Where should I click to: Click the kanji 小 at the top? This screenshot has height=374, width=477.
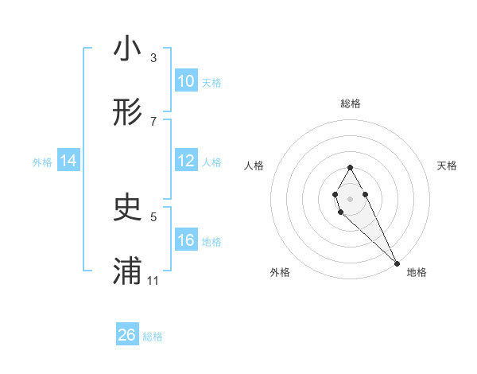click(x=127, y=49)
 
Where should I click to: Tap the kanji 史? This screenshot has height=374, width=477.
click(x=127, y=208)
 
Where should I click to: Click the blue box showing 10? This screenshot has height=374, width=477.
click(x=185, y=81)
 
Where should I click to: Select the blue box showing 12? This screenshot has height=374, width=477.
click(x=185, y=161)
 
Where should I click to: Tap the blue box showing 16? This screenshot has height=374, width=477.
click(x=185, y=240)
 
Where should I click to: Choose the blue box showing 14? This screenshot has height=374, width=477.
click(x=68, y=161)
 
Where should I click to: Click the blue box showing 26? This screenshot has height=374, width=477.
click(x=127, y=335)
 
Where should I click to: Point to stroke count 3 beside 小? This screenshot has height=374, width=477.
click(x=153, y=58)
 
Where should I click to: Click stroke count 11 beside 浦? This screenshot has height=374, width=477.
click(x=153, y=281)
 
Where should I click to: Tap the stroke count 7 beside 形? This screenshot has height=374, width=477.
click(x=153, y=121)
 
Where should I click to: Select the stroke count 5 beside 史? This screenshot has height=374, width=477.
click(x=153, y=216)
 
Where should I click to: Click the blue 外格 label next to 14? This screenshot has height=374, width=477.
click(x=42, y=162)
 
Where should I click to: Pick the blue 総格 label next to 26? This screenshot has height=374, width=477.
click(x=153, y=337)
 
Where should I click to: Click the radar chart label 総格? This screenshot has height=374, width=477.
click(x=351, y=103)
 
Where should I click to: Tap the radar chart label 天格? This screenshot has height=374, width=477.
click(x=448, y=166)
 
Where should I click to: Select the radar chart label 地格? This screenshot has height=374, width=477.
click(x=417, y=272)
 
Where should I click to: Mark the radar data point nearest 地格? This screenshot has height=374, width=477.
click(x=397, y=263)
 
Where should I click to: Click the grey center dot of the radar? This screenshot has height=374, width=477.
click(x=350, y=197)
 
